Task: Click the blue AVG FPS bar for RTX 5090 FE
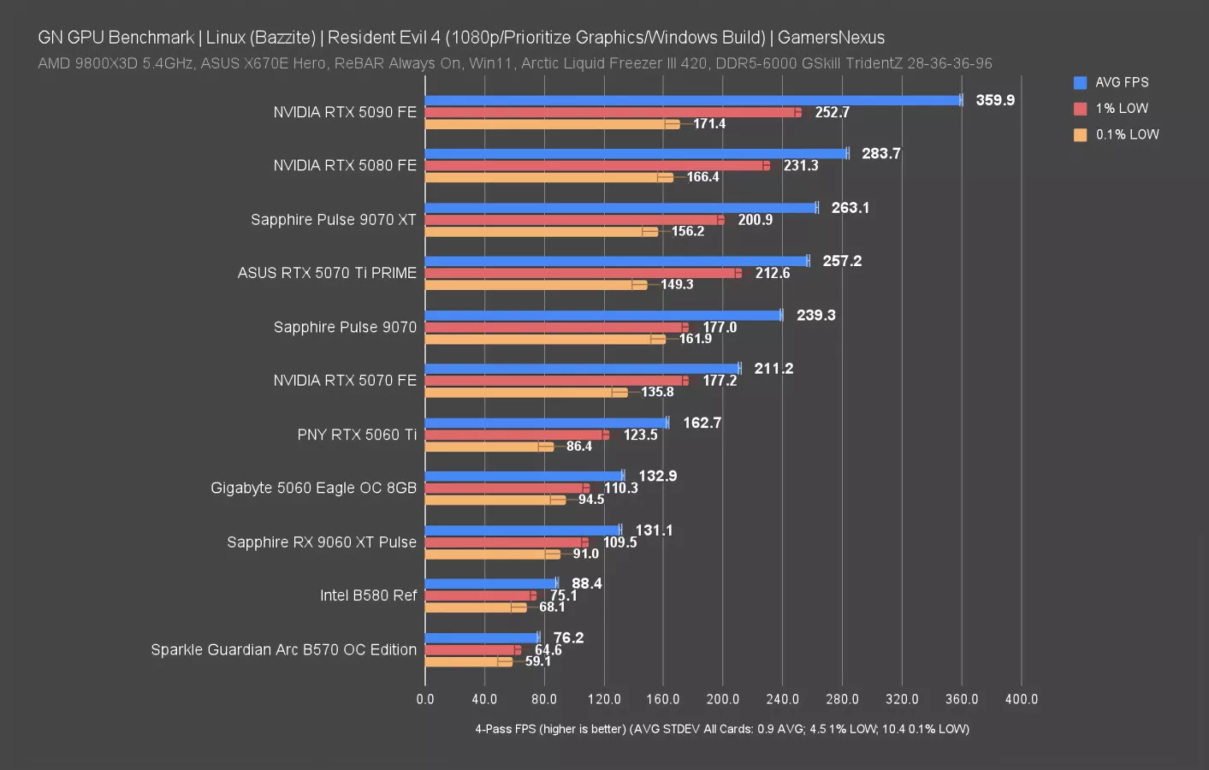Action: pyautogui.click(x=693, y=100)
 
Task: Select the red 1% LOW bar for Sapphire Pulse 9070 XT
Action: pyautogui.click(x=573, y=220)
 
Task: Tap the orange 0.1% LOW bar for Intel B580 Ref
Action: pyautogui.click(x=475, y=607)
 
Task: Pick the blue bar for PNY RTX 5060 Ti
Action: pyautogui.click(x=546, y=423)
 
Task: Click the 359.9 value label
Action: pyautogui.click(x=995, y=100)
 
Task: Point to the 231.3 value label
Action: pyautogui.click(x=801, y=166)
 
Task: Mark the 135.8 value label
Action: pyautogui.click(x=657, y=392)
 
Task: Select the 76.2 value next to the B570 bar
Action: pyautogui.click(x=568, y=637)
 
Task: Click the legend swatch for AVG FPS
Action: pyautogui.click(x=1080, y=83)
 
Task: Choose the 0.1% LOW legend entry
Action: pyautogui.click(x=1127, y=134)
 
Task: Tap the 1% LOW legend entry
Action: pyautogui.click(x=1122, y=109)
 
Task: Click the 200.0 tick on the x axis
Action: pyautogui.click(x=722, y=699)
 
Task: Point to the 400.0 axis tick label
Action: pyautogui.click(x=1021, y=699)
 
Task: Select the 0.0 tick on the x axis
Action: pyautogui.click(x=425, y=699)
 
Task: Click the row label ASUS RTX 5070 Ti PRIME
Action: pyautogui.click(x=327, y=273)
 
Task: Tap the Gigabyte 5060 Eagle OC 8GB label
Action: pyautogui.click(x=313, y=488)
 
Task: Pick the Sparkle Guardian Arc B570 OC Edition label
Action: pyautogui.click(x=283, y=649)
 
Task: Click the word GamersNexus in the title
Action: pyautogui.click(x=831, y=38)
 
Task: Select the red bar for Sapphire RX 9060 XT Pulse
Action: pyautogui.click(x=505, y=542)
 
